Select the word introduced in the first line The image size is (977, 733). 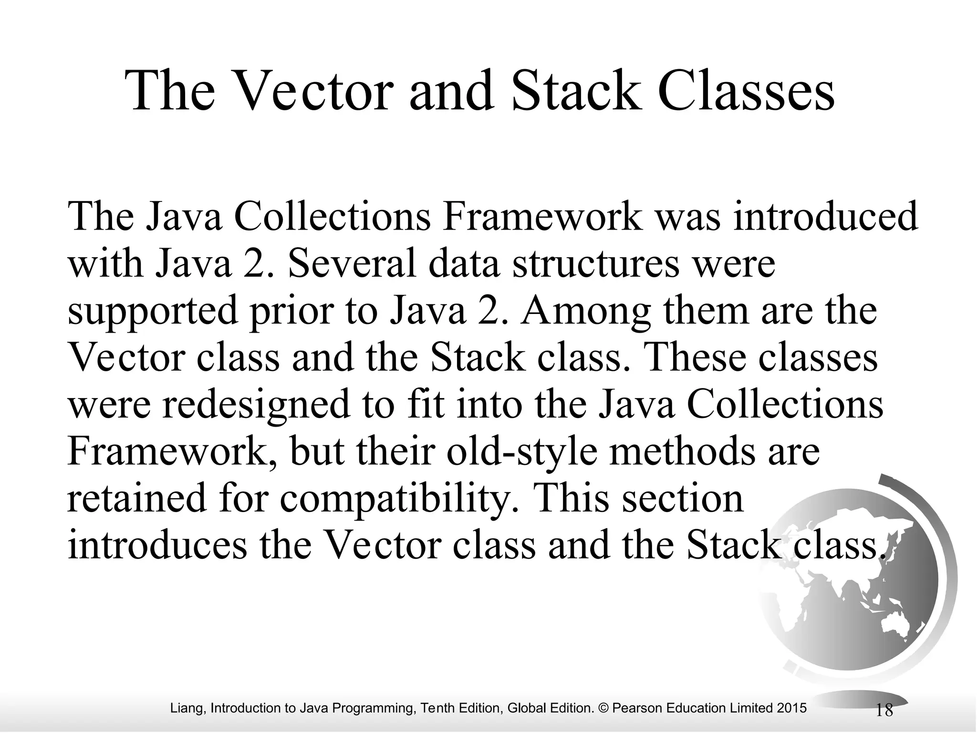(x=825, y=217)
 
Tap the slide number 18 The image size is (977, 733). (x=884, y=711)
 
